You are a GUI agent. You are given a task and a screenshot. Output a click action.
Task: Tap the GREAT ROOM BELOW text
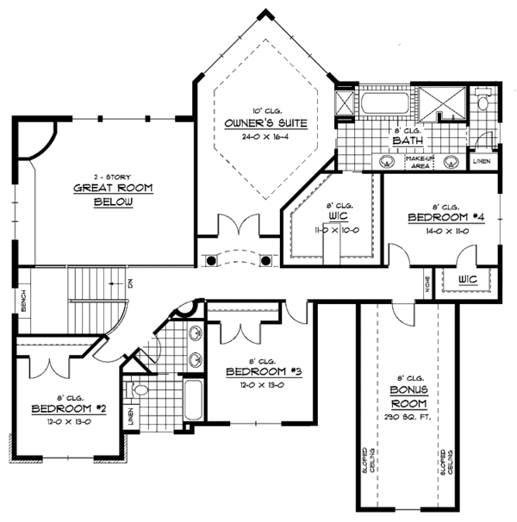[102, 195]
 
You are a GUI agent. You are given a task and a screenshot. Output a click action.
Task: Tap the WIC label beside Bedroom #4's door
[468, 279]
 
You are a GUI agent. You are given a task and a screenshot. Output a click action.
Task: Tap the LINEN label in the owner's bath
[483, 161]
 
